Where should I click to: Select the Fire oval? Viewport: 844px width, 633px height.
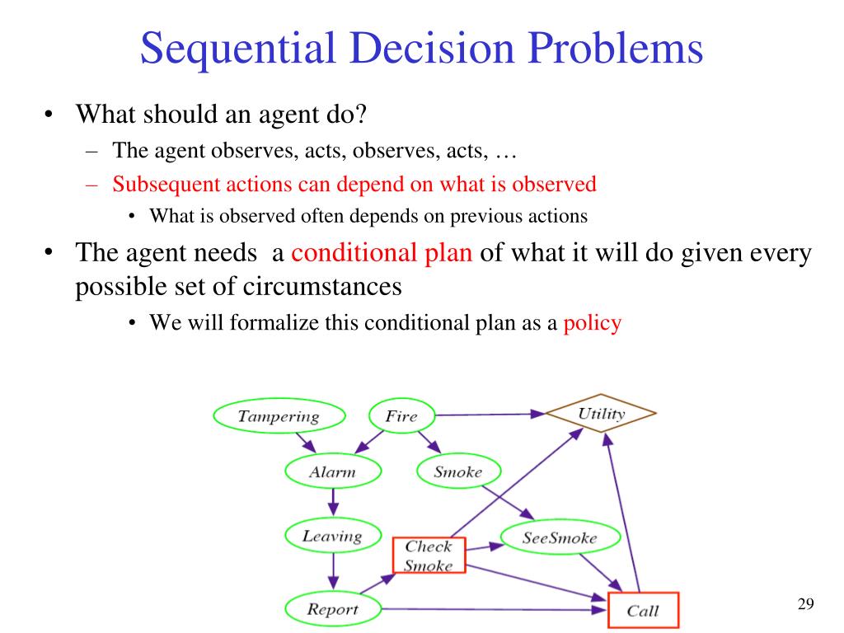401,415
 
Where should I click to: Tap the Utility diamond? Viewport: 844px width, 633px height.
602,414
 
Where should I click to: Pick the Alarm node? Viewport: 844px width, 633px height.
332,472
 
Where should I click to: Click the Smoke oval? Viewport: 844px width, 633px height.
457,472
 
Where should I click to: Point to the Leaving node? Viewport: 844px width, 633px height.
332,537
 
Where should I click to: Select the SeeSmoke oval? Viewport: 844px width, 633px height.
560,538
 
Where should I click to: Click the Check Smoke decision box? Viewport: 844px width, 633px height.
429,556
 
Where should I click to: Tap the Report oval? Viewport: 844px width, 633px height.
332,609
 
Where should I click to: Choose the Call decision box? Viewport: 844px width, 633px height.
642,611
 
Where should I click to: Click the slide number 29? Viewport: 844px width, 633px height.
805,605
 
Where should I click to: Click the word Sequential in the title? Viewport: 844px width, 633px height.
237,49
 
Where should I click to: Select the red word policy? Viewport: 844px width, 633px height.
592,323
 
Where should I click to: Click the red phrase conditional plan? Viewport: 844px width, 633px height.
382,251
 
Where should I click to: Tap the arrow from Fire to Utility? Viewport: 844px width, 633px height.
486,415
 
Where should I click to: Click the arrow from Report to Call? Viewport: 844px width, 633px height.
495,609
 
